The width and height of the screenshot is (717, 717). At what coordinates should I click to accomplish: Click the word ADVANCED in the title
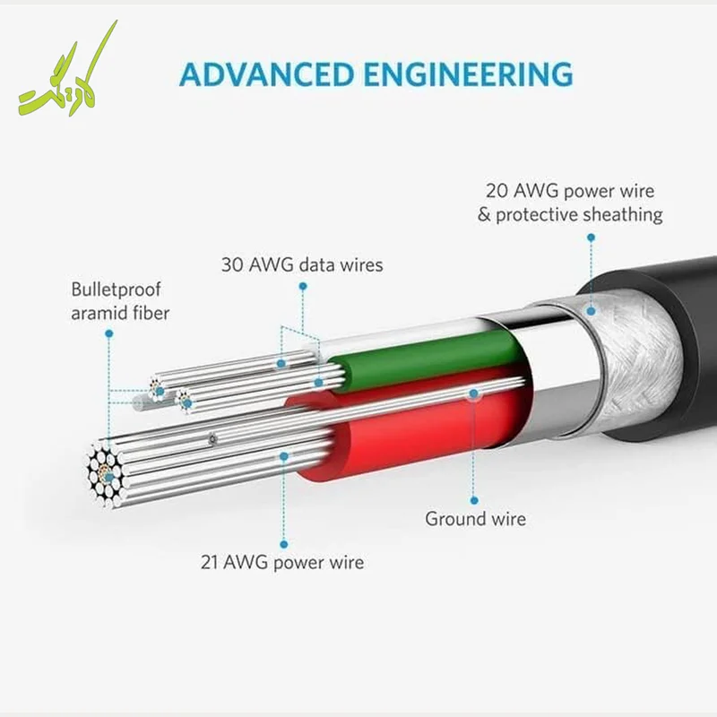click(x=267, y=74)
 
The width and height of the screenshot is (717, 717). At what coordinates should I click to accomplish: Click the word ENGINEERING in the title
click(x=469, y=74)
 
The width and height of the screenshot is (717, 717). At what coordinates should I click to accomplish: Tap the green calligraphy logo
click(x=68, y=69)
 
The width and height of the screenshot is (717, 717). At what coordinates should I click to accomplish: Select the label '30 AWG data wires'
click(x=302, y=264)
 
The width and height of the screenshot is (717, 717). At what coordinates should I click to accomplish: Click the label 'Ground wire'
click(x=476, y=519)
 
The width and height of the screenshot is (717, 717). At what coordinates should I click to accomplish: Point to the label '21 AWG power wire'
click(x=282, y=563)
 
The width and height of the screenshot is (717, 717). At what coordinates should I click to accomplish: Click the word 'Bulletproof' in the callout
click(x=117, y=289)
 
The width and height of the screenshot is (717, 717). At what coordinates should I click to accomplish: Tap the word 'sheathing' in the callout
click(x=624, y=215)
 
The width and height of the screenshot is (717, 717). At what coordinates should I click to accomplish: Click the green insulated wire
click(x=425, y=361)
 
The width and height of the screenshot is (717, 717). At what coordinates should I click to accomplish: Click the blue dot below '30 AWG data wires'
click(x=303, y=286)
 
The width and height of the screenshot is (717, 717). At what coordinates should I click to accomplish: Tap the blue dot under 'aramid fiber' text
click(x=108, y=333)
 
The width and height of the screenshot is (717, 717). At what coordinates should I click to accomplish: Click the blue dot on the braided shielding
click(x=592, y=311)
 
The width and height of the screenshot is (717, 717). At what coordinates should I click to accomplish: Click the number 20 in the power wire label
click(x=497, y=191)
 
